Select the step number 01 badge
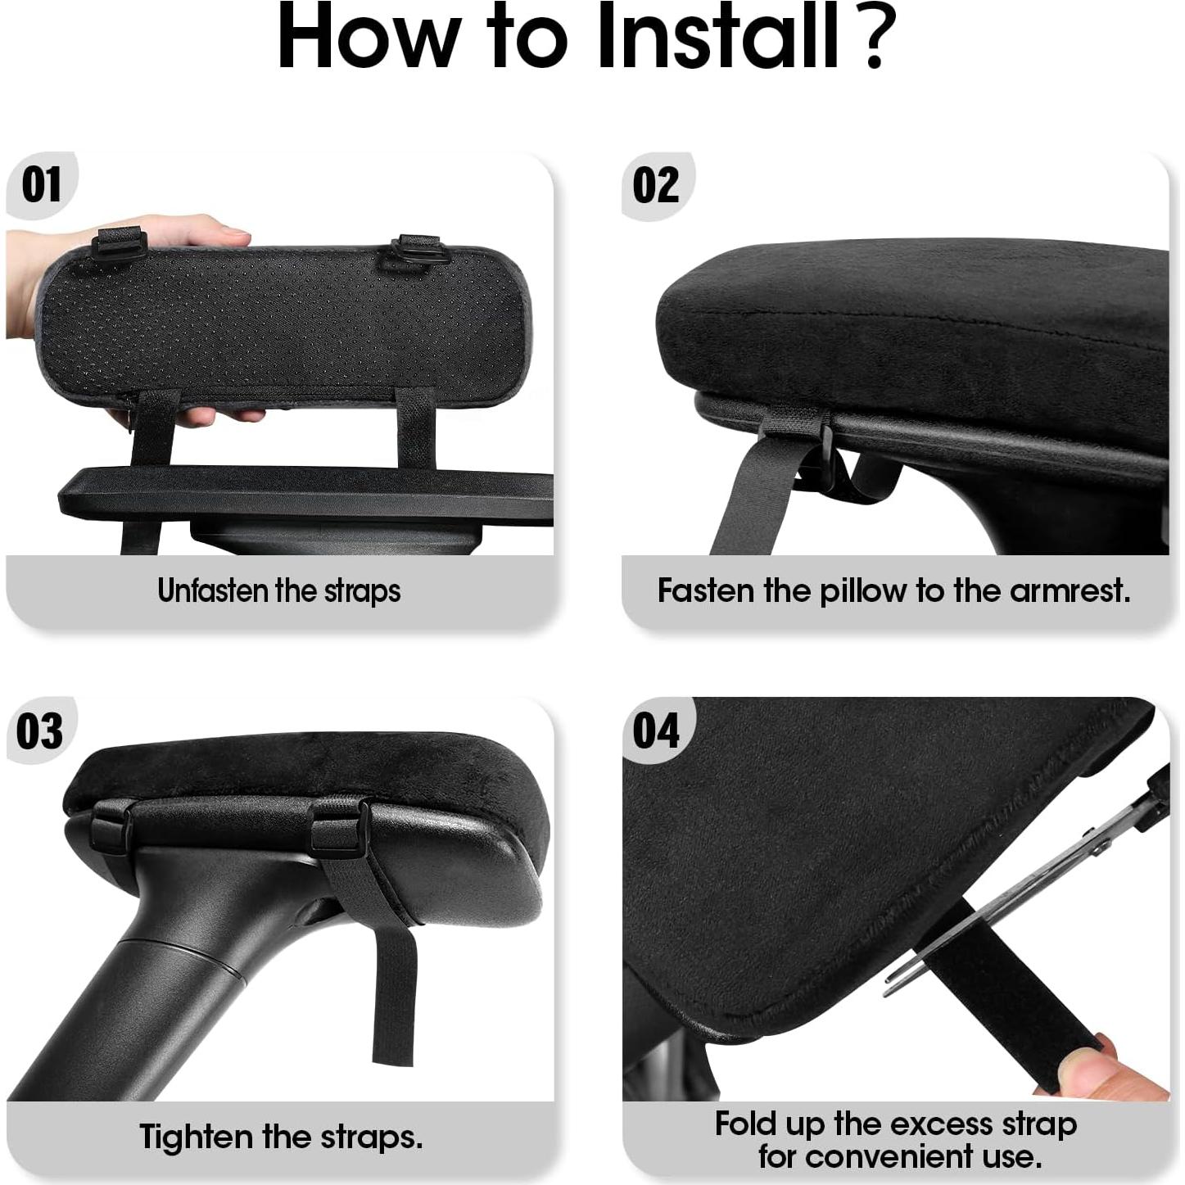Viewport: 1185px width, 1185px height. [x=41, y=184]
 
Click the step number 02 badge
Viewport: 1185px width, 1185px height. [x=656, y=184]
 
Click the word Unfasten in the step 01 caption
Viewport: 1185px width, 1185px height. [x=214, y=590]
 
